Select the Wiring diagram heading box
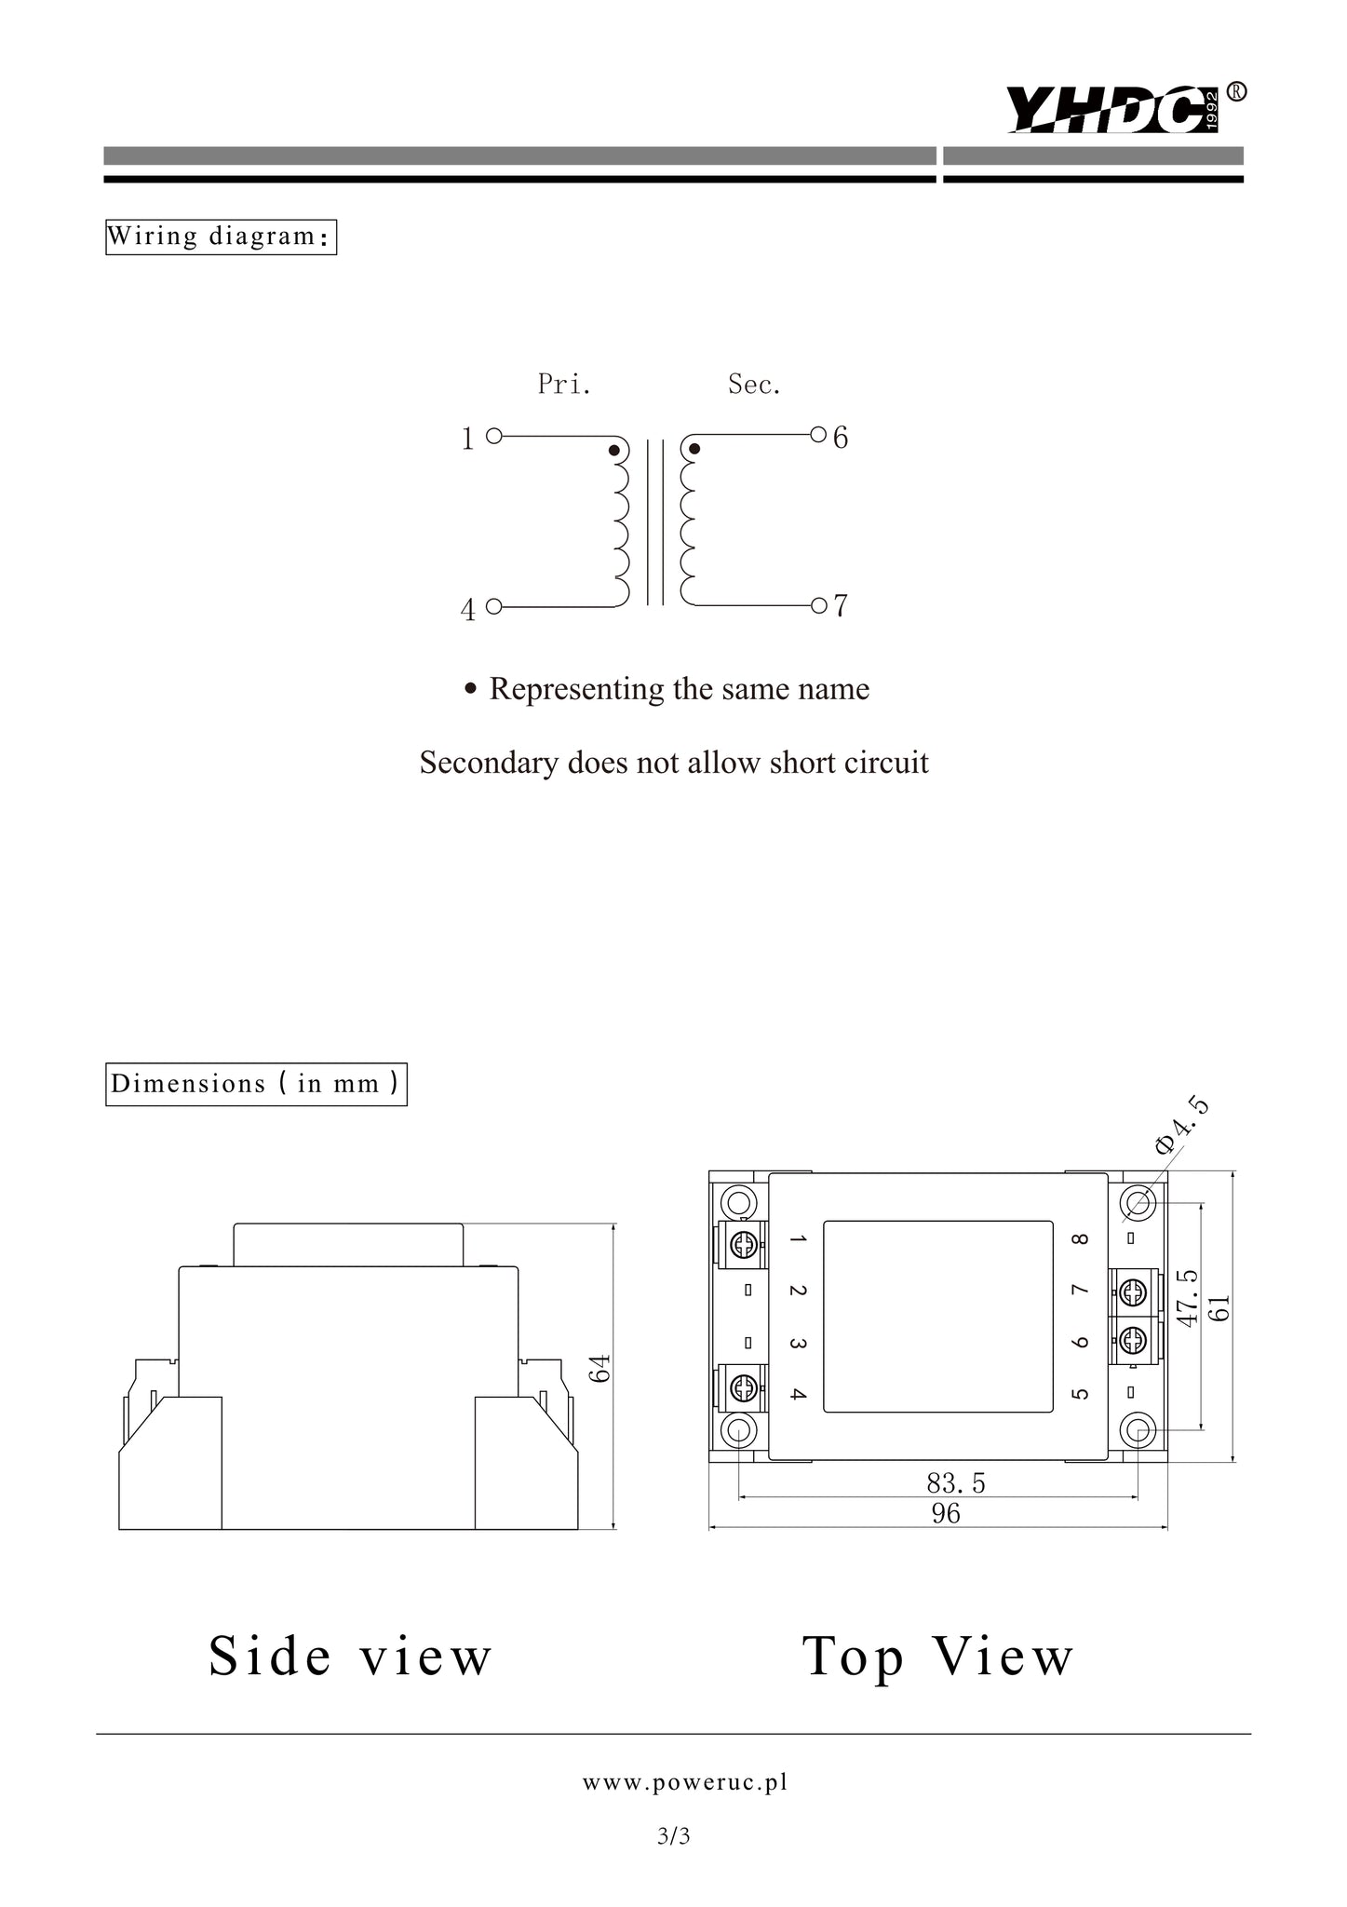point(221,237)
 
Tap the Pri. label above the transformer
point(564,384)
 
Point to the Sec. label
point(754,384)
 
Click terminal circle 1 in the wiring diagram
point(494,435)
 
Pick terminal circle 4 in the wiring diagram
point(494,607)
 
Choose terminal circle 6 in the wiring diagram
point(818,434)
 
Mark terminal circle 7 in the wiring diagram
point(818,606)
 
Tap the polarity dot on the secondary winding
point(694,450)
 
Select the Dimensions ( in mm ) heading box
point(256,1084)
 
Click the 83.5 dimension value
point(955,1482)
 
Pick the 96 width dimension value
point(946,1513)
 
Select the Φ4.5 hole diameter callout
point(1182,1127)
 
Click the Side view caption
point(350,1656)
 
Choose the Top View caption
point(938,1657)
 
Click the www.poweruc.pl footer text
point(685,1782)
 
